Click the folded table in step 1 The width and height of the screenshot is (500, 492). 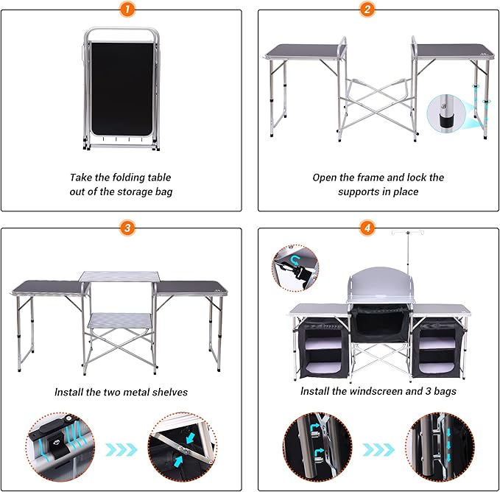click(x=121, y=88)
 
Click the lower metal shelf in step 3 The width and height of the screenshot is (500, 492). click(x=121, y=320)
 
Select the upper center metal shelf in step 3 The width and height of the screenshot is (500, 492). click(x=121, y=275)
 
